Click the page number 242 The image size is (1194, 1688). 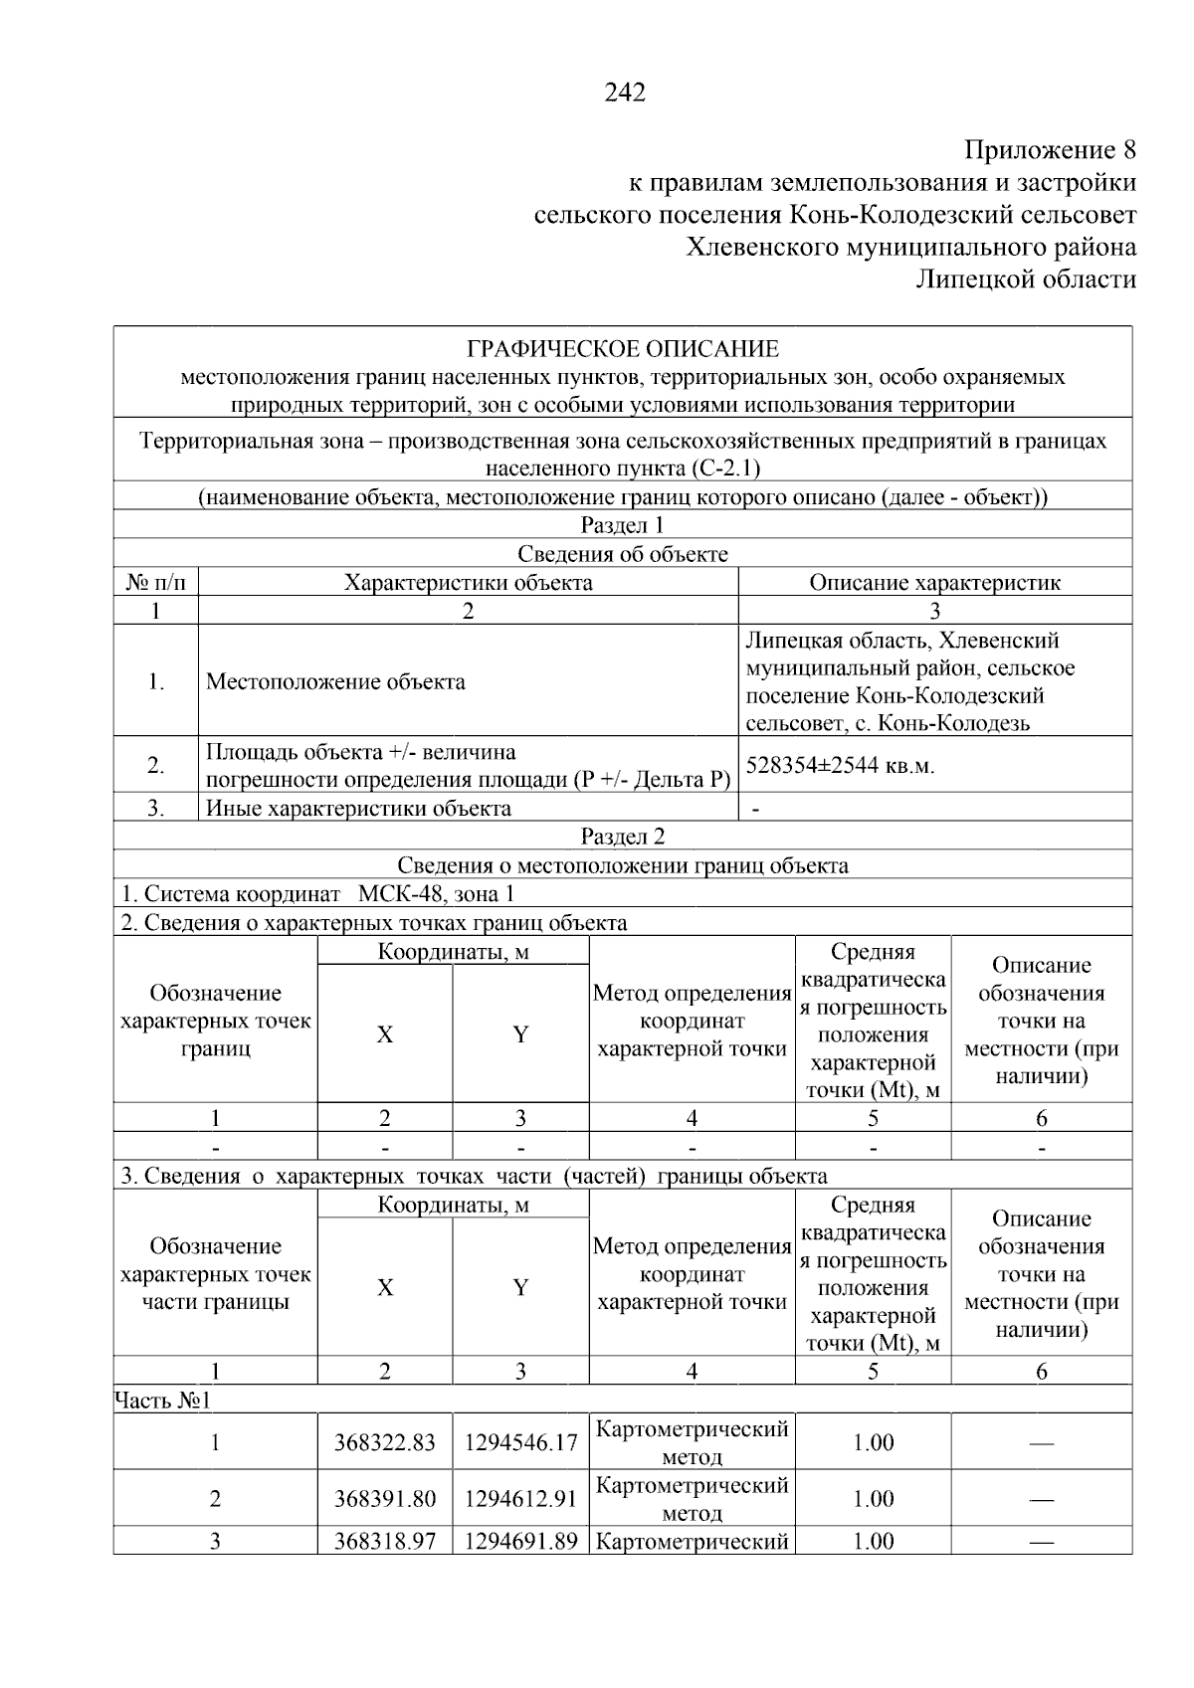point(625,93)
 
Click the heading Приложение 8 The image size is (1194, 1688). point(1050,151)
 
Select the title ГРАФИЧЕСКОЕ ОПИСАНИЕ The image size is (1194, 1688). point(623,349)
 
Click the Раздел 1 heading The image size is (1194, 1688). point(622,525)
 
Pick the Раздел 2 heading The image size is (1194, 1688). point(622,837)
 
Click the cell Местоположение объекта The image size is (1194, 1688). point(335,682)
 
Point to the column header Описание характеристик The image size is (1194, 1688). point(934,583)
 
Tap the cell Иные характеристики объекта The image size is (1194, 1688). point(358,808)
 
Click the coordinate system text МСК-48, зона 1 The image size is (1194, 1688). point(436,894)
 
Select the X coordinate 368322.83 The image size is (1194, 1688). point(384,1442)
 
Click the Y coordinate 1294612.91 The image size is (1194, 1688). point(520,1499)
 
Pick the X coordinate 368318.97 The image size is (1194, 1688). point(384,1542)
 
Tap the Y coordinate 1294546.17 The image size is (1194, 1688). point(520,1442)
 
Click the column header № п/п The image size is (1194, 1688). point(155,583)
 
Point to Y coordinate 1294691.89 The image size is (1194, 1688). point(520,1542)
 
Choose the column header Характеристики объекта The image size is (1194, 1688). point(468,583)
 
